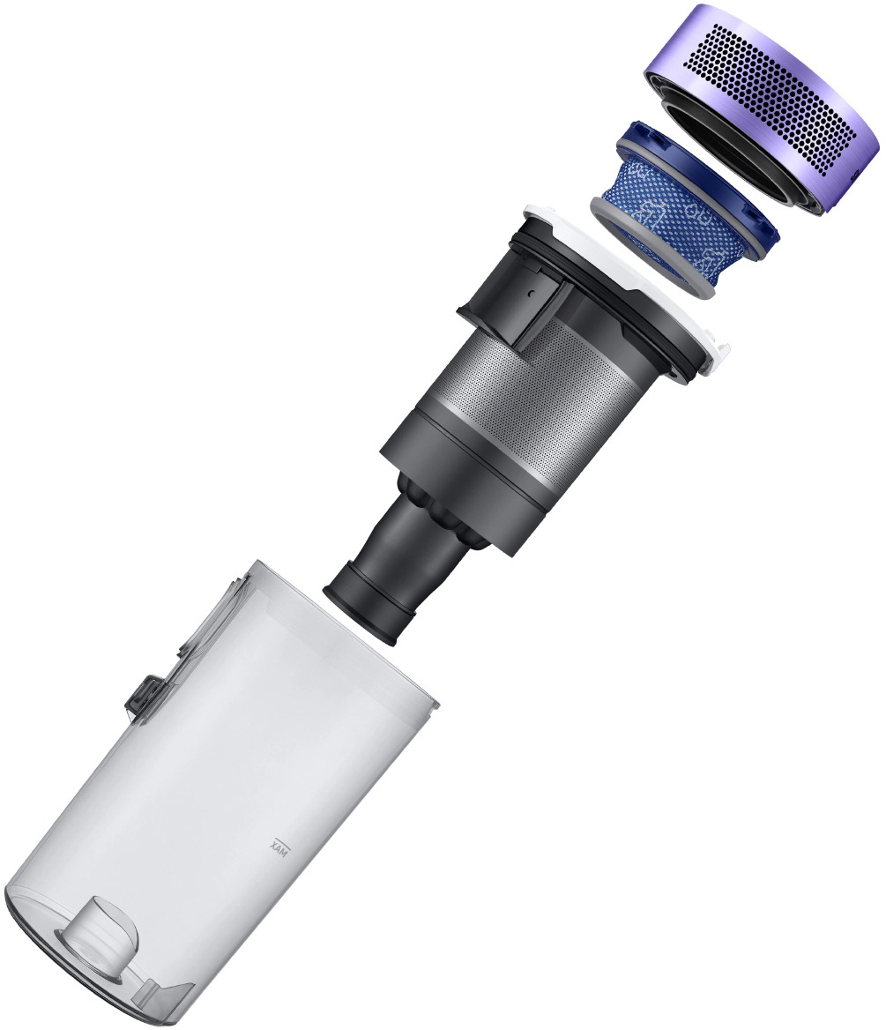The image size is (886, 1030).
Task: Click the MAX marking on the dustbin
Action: pos(274,843)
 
